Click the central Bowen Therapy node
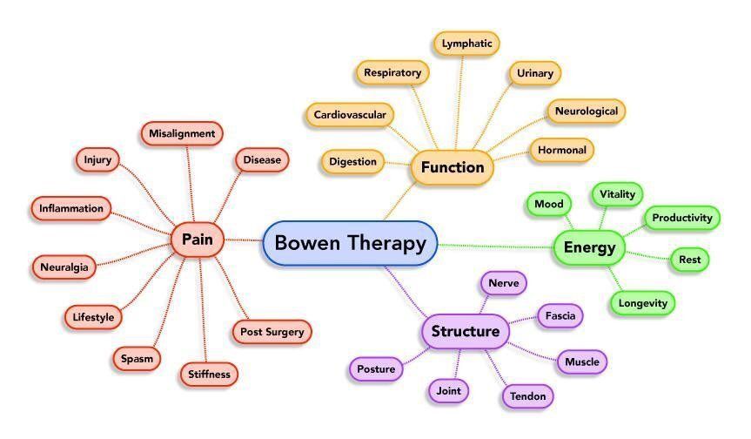(x=350, y=243)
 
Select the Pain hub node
(x=198, y=239)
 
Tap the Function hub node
(x=453, y=167)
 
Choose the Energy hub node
(x=589, y=247)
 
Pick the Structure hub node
(x=465, y=331)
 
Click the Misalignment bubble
(x=182, y=133)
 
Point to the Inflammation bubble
(x=70, y=208)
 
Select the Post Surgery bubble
(x=272, y=332)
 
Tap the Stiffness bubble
(x=209, y=375)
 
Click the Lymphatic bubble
(x=466, y=44)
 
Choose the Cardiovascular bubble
(x=350, y=115)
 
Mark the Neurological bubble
(x=587, y=111)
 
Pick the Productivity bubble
(x=682, y=218)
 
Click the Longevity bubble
(x=642, y=303)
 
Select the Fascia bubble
(x=560, y=316)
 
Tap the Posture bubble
(x=376, y=369)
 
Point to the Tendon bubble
(x=527, y=396)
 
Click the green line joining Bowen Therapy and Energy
(x=495, y=247)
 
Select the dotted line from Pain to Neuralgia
(x=133, y=254)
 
